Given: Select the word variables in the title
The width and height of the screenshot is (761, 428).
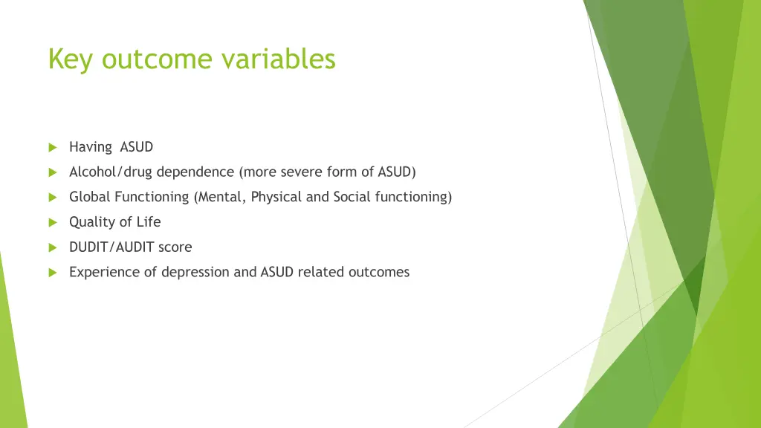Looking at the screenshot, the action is tap(279, 59).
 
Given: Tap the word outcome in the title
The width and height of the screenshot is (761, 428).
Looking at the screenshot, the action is tap(157, 59).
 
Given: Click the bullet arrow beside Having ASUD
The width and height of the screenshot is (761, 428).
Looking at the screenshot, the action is tap(53, 148).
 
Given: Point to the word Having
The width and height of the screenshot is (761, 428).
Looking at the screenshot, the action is tap(90, 147).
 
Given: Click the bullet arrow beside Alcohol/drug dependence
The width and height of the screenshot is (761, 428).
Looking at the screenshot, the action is tap(53, 172).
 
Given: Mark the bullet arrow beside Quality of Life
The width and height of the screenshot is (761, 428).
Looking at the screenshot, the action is tap(53, 223).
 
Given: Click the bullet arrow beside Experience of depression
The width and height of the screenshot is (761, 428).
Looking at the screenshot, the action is tap(53, 273).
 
